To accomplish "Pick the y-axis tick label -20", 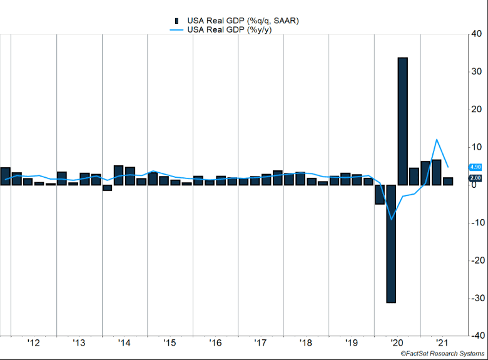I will coord(476,260).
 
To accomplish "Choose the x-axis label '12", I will coord(34,343).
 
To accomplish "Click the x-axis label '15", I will coord(170,343).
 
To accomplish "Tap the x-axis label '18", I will coord(306,343).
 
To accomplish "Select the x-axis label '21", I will coord(442,343).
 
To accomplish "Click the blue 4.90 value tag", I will coord(475,167).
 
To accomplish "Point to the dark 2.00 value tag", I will coord(475,178).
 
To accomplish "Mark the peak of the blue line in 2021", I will coord(437,140).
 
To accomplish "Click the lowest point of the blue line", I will coord(392,219).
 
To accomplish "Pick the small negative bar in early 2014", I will coord(107,188).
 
